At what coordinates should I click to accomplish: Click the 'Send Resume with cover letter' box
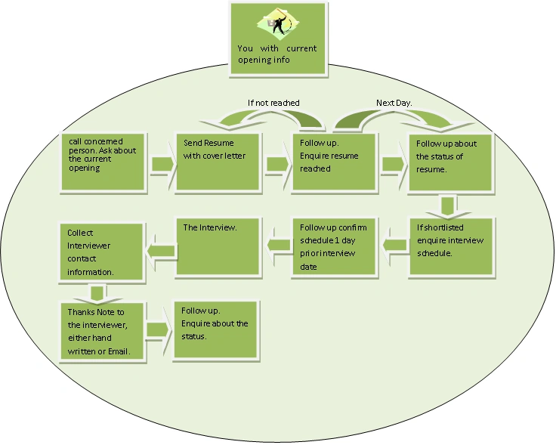pos(218,162)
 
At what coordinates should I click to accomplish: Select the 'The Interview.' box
pos(218,246)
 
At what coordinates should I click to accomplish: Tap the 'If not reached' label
pos(273,103)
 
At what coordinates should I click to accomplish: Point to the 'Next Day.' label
pos(394,103)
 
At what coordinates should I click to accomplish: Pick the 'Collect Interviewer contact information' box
pos(102,252)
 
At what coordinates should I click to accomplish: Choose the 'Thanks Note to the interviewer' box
pos(102,332)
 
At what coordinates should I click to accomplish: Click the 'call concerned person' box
pos(103,162)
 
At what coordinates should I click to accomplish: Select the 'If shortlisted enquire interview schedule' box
pos(451,247)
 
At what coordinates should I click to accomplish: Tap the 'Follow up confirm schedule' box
pos(334,247)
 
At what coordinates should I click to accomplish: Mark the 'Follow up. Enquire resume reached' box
pos(334,162)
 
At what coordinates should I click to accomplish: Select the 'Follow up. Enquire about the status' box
pos(216,330)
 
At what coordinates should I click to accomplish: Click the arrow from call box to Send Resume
pos(162,164)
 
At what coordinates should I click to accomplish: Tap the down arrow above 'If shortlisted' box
pos(449,206)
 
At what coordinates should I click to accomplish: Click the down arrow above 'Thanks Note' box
pos(97,294)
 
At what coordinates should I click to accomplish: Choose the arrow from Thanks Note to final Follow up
pos(158,330)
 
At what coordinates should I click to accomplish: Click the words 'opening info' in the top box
pos(264,60)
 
